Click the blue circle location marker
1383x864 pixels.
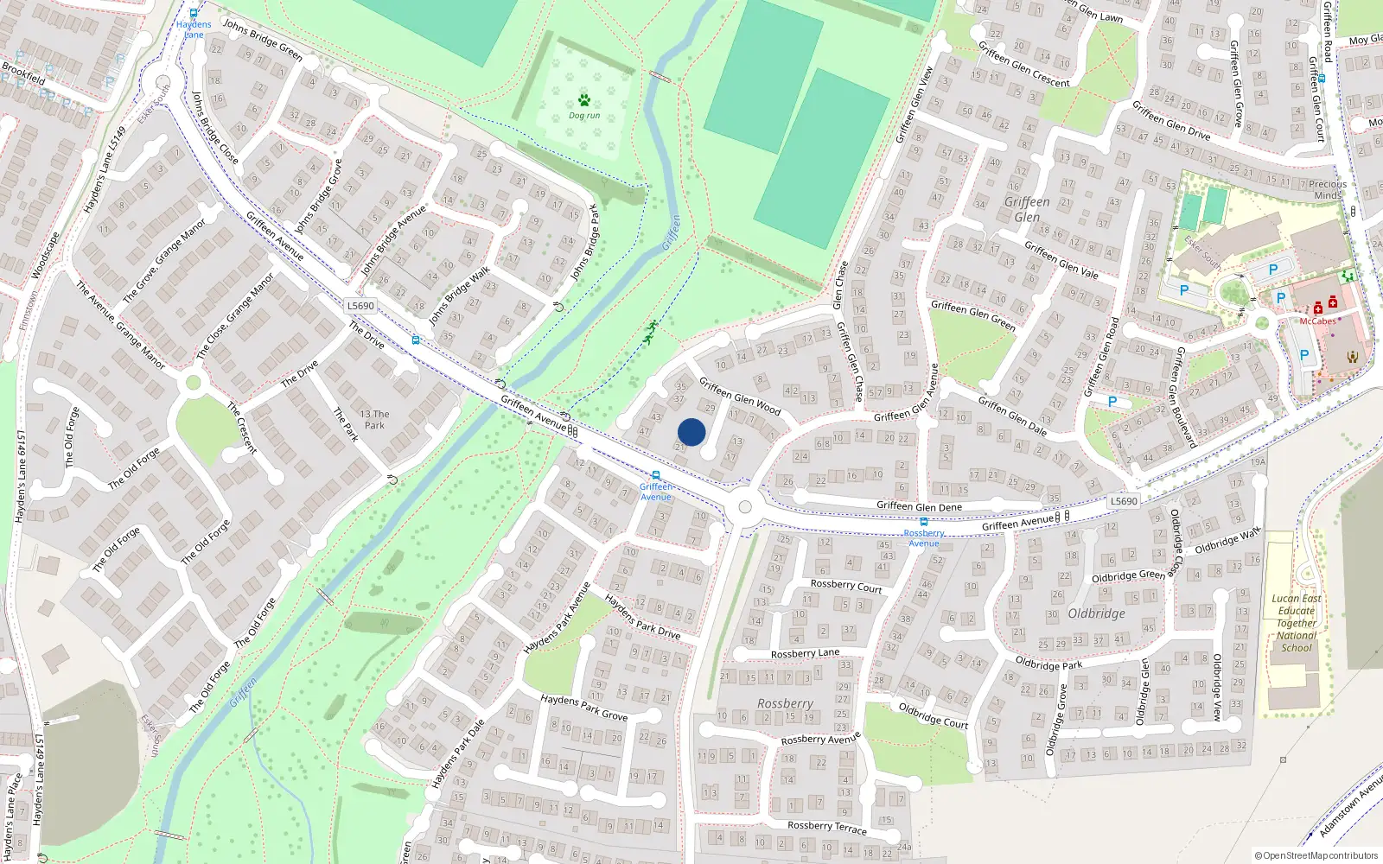pyautogui.click(x=691, y=432)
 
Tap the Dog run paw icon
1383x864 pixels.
pyautogui.click(x=584, y=100)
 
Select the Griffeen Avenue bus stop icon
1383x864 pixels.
pyautogui.click(x=656, y=476)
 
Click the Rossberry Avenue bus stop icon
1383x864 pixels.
pyautogui.click(x=924, y=522)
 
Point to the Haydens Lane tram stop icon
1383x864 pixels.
pyautogui.click(x=194, y=14)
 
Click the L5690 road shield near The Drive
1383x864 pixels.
pyautogui.click(x=360, y=306)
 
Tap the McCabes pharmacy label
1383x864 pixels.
pyautogui.click(x=1317, y=321)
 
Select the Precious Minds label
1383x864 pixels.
pyautogui.click(x=1328, y=189)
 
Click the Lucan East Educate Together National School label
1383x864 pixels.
pyautogui.click(x=1297, y=622)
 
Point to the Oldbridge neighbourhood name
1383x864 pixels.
pyautogui.click(x=1096, y=613)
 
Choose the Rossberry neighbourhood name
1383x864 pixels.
pyautogui.click(x=785, y=703)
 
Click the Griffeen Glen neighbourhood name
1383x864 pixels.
pyautogui.click(x=1027, y=209)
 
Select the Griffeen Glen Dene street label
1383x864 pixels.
pyautogui.click(x=919, y=506)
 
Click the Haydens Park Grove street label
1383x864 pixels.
pyautogui.click(x=584, y=708)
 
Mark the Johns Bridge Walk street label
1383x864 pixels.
pyautogui.click(x=460, y=295)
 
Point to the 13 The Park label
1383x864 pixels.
pyautogui.click(x=374, y=419)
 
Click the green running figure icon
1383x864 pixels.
pyautogui.click(x=650, y=332)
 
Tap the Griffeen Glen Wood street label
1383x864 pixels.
pyautogui.click(x=740, y=397)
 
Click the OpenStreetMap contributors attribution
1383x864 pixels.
pyautogui.click(x=1316, y=855)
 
